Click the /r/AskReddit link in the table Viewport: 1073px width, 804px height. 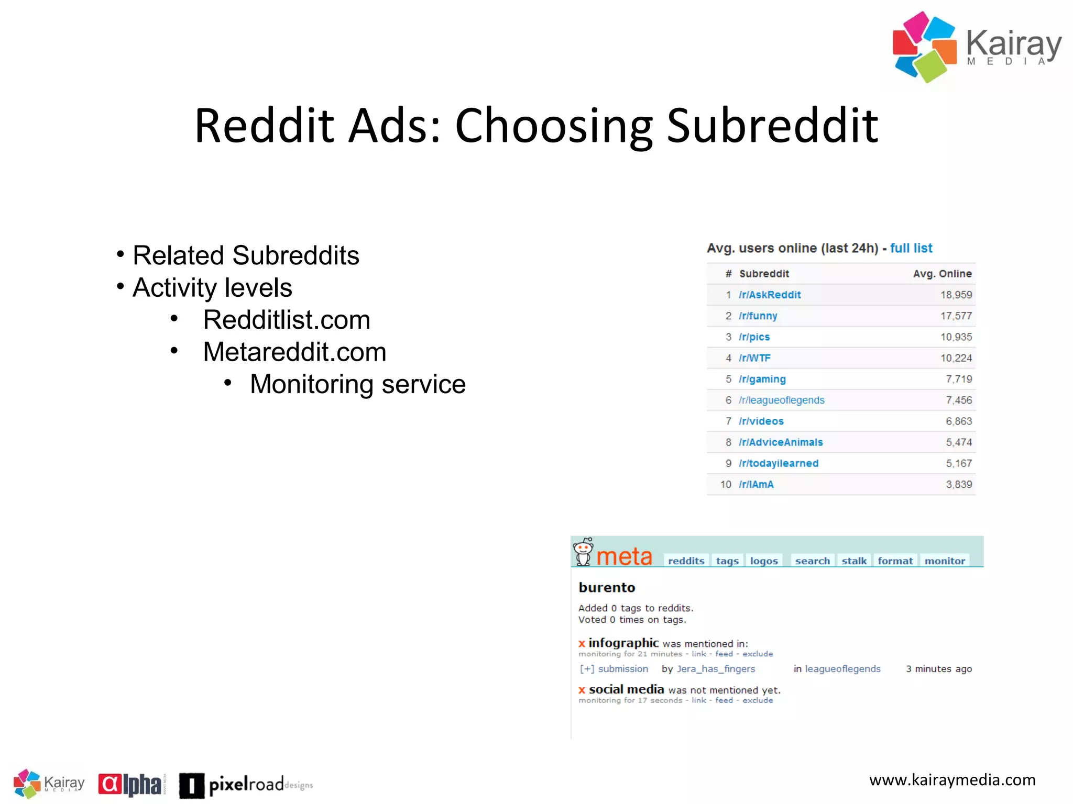pos(769,295)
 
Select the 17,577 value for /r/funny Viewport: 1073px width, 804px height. pos(956,316)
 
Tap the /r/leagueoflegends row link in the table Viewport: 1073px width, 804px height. pos(781,400)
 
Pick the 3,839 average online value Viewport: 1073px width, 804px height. pos(958,484)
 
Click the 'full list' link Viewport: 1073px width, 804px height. pos(911,248)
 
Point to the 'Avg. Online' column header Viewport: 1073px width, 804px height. pos(941,274)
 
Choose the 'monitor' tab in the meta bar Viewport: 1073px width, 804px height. pos(944,561)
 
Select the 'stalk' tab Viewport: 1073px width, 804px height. pos(853,561)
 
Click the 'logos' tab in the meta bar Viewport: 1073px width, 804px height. pos(763,561)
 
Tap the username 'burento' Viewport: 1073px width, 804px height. pos(606,587)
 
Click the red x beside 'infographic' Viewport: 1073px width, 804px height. pos(581,643)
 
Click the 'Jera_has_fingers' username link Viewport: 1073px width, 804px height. pos(716,668)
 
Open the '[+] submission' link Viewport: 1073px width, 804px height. pos(614,668)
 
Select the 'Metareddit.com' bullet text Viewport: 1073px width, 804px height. pos(294,352)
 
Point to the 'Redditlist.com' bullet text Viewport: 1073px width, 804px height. pos(287,320)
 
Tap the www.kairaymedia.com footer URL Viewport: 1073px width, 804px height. pos(952,780)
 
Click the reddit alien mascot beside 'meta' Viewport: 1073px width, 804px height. pos(583,552)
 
